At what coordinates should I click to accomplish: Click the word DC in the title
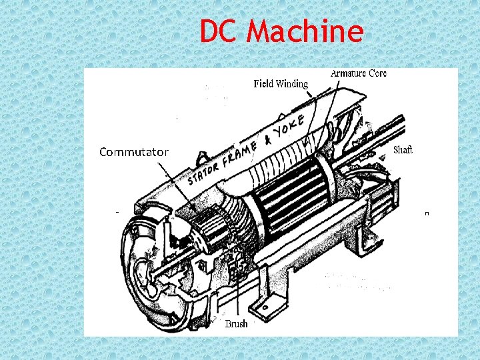(x=219, y=31)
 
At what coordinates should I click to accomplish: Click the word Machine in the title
(x=306, y=31)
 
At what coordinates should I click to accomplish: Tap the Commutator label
(x=133, y=153)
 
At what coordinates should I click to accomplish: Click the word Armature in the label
(x=349, y=73)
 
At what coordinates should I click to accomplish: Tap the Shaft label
(x=403, y=150)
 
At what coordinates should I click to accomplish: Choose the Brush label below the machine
(x=236, y=324)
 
